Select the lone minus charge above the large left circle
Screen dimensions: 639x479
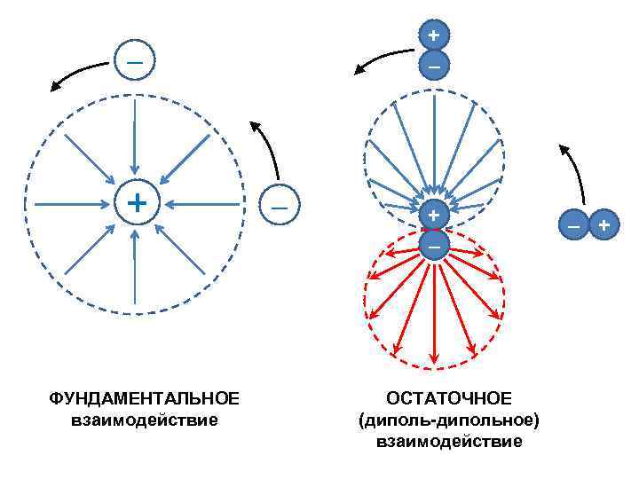pyautogui.click(x=133, y=61)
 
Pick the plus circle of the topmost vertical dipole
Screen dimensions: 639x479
pyautogui.click(x=433, y=36)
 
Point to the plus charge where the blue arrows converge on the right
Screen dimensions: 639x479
pyautogui.click(x=433, y=216)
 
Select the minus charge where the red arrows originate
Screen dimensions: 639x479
pyautogui.click(x=433, y=243)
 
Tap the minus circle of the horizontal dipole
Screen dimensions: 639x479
pyautogui.click(x=573, y=225)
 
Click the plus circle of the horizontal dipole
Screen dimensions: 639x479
pyautogui.click(x=603, y=225)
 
